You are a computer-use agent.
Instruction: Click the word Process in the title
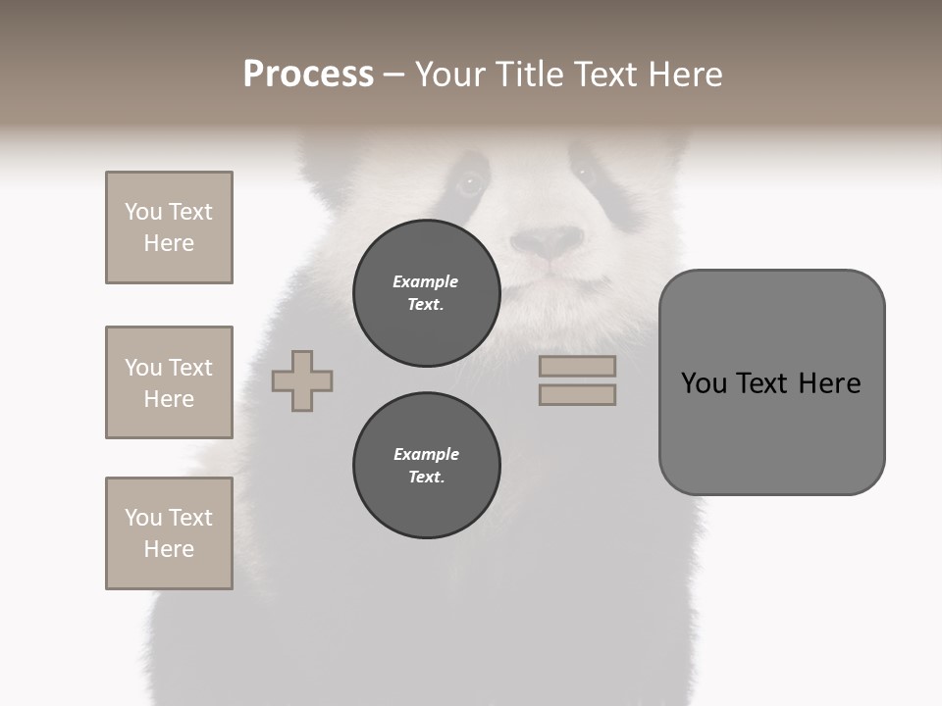(x=308, y=75)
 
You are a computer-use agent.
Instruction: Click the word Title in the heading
(x=531, y=75)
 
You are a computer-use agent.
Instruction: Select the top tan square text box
(x=169, y=227)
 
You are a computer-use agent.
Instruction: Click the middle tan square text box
(x=169, y=382)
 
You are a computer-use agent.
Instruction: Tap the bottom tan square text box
(x=169, y=533)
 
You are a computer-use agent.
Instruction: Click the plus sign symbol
(x=302, y=380)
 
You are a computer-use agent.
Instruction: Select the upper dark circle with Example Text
(x=426, y=293)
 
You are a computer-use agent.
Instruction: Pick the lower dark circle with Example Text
(x=426, y=466)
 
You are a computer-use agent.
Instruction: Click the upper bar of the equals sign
(x=577, y=366)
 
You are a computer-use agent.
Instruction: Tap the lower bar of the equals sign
(x=577, y=394)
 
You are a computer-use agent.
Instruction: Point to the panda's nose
(x=548, y=241)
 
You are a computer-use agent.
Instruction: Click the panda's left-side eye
(x=470, y=181)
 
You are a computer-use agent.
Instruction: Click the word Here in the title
(x=684, y=75)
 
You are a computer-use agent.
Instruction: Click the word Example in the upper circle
(x=425, y=281)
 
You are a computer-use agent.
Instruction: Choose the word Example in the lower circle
(x=426, y=454)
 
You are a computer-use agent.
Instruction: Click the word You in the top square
(x=142, y=212)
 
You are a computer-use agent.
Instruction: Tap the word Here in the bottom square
(x=169, y=549)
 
